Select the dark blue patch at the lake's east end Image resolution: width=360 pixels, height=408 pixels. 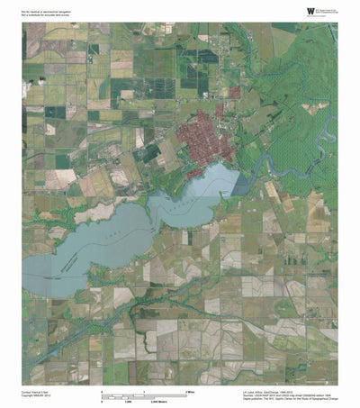(239, 182)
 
